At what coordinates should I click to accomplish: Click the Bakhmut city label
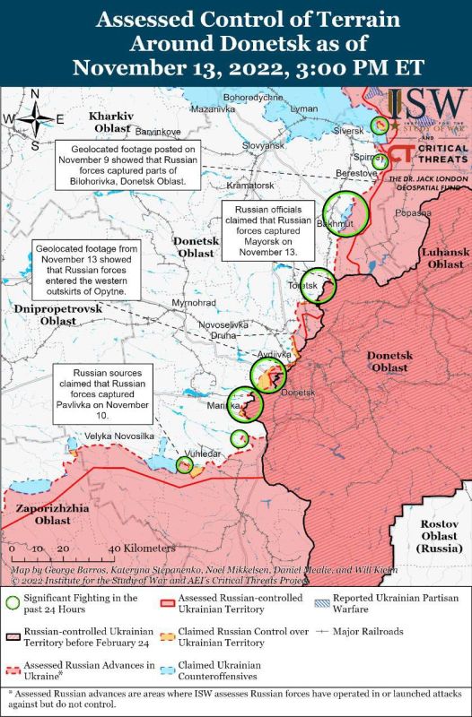pos(338,220)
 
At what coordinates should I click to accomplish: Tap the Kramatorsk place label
pos(224,184)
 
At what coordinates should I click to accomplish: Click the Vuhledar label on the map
pos(201,454)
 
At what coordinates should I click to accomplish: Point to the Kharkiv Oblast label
pos(111,123)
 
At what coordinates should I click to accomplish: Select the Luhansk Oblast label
pos(446,258)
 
